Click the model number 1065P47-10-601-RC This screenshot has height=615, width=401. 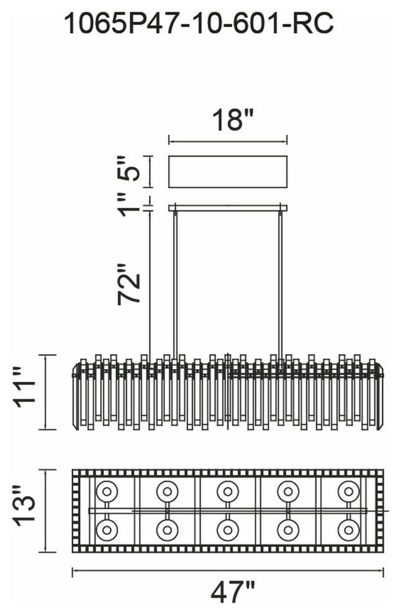click(x=199, y=23)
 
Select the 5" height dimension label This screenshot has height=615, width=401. click(x=129, y=168)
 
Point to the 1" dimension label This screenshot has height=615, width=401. click(x=130, y=204)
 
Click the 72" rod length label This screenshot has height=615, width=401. click(x=129, y=284)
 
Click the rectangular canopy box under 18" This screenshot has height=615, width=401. click(x=228, y=172)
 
